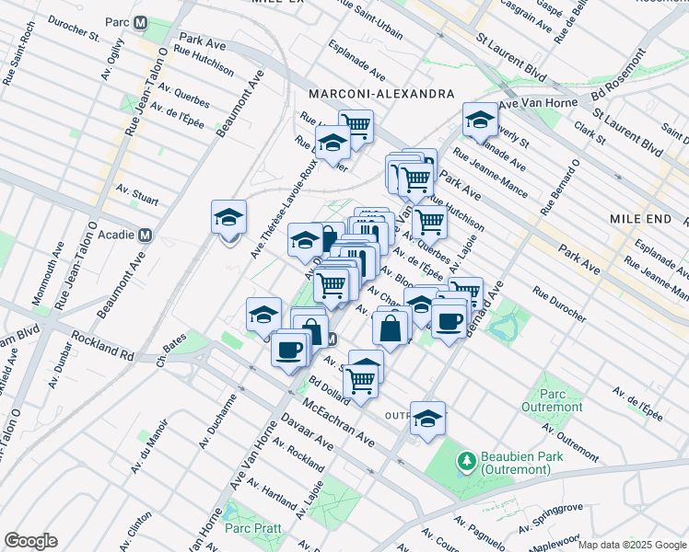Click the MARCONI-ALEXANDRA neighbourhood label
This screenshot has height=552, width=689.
(x=381, y=95)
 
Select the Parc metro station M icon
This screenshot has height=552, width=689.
(x=140, y=22)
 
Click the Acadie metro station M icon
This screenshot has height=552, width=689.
(x=143, y=235)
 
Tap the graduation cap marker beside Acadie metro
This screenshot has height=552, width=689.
(x=228, y=218)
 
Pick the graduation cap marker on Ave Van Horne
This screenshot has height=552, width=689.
(x=480, y=121)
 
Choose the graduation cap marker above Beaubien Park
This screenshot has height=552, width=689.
(x=427, y=419)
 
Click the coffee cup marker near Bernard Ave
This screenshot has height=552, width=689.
(x=449, y=322)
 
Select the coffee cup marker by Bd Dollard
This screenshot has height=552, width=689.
(x=289, y=351)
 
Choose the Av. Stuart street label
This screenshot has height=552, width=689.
(x=137, y=194)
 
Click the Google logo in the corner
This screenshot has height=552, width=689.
(x=30, y=541)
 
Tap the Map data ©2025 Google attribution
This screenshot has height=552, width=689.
(x=631, y=545)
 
